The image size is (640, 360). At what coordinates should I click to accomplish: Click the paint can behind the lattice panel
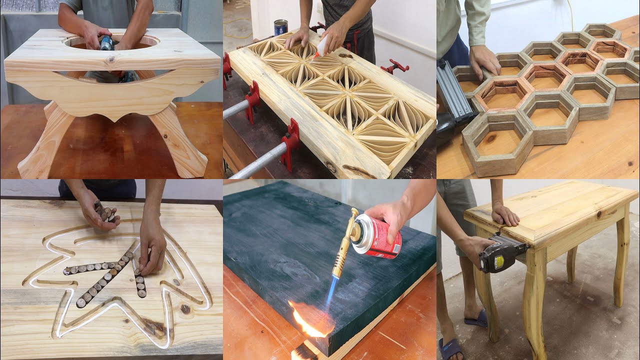pyautogui.click(x=281, y=27)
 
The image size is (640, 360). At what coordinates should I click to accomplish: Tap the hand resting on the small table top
pyautogui.click(x=504, y=214)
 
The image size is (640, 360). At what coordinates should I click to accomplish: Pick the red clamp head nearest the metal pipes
pyautogui.click(x=288, y=145)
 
